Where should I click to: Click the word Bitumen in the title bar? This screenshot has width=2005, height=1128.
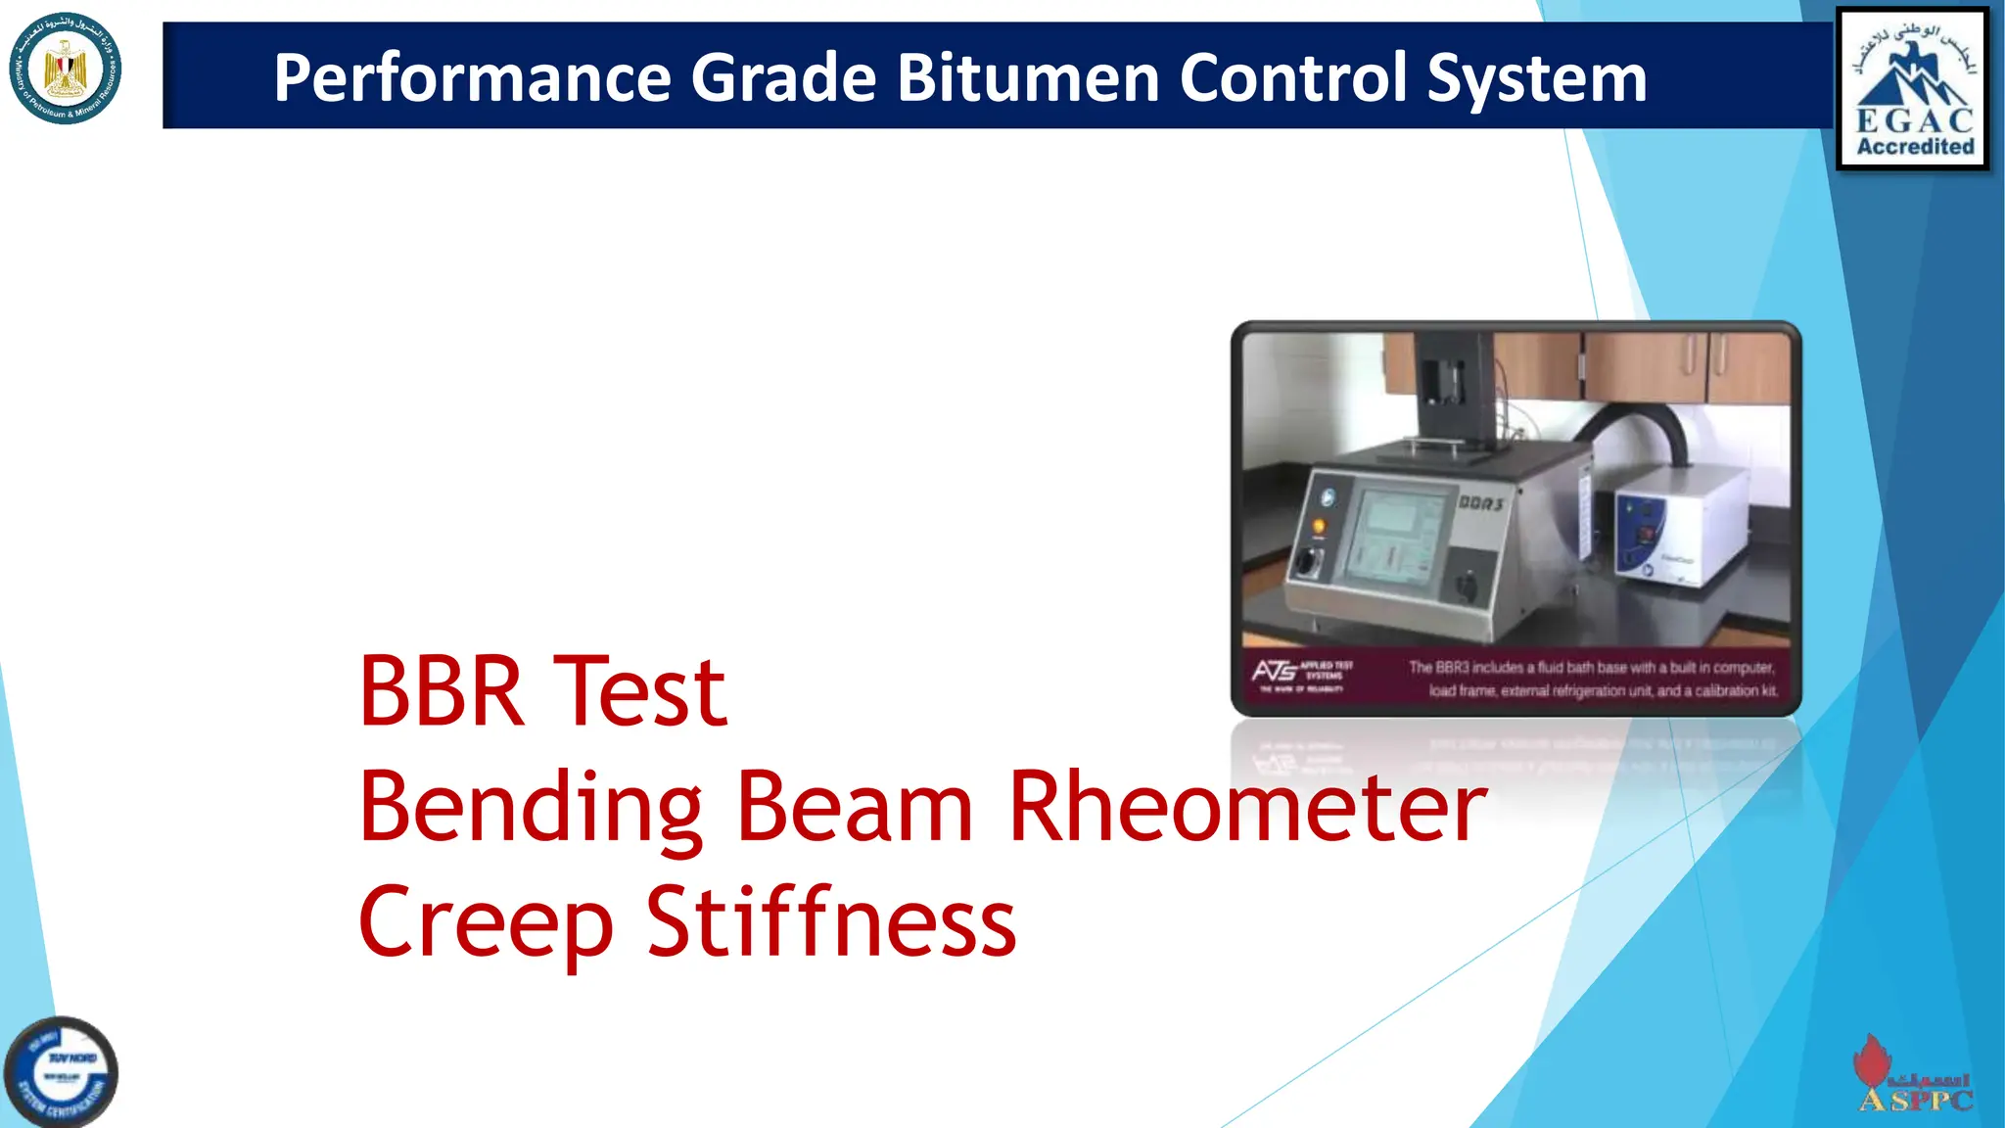click(x=1028, y=77)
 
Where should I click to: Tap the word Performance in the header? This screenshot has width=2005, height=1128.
click(x=472, y=77)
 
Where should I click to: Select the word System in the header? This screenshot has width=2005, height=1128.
click(x=1537, y=77)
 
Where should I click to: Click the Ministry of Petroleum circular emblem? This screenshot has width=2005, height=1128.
click(x=66, y=70)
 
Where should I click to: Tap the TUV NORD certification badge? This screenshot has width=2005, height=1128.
click(x=61, y=1072)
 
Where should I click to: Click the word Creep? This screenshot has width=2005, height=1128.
click(x=487, y=922)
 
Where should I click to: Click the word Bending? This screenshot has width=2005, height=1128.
click(x=530, y=808)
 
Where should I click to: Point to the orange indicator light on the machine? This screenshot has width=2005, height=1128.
click(x=1320, y=528)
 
